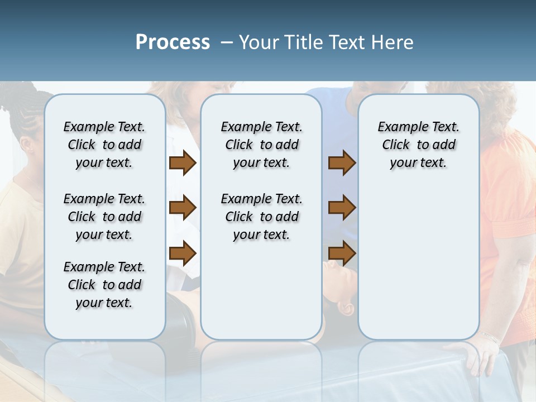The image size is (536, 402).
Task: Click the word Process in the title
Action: click(x=173, y=42)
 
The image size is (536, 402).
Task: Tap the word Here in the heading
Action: click(x=394, y=42)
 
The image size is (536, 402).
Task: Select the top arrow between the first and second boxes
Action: click(x=183, y=163)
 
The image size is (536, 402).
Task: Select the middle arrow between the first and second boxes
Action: click(x=183, y=208)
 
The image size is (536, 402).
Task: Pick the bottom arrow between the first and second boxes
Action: click(x=183, y=253)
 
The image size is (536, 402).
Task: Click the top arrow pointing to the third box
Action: click(x=342, y=163)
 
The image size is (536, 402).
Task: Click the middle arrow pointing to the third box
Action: click(x=342, y=208)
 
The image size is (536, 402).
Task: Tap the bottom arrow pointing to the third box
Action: click(x=342, y=253)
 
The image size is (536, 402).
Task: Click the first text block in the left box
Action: click(x=104, y=145)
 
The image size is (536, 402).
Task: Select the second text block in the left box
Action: click(x=104, y=217)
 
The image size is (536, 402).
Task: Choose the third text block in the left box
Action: click(x=104, y=285)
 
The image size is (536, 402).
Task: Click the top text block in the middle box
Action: click(x=261, y=145)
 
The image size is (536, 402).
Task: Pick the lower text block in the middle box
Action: click(x=261, y=217)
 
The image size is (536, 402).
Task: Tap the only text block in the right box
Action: click(x=418, y=145)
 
